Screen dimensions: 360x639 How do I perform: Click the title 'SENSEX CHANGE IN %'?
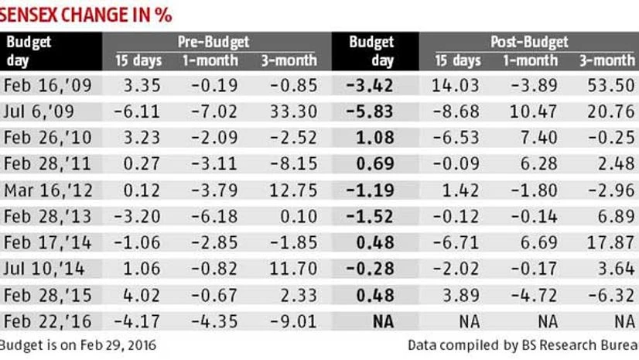click(x=86, y=14)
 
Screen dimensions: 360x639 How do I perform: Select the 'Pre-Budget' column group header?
click(x=214, y=42)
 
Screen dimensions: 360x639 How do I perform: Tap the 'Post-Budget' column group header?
click(x=530, y=42)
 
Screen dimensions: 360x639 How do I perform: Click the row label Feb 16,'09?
click(x=48, y=85)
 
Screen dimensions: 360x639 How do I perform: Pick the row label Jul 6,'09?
click(x=43, y=111)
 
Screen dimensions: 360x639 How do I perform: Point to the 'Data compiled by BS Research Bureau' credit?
click(x=523, y=345)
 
